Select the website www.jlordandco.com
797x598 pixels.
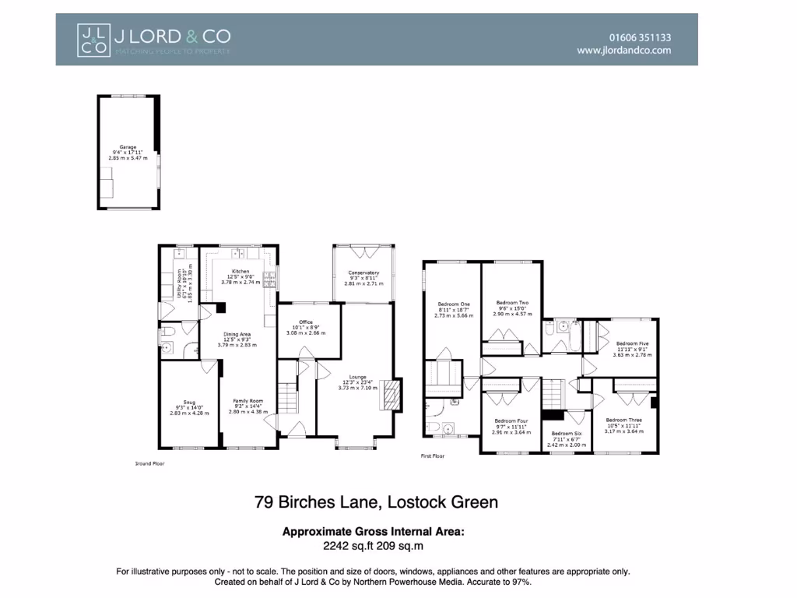(623, 50)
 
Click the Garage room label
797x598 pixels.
(128, 146)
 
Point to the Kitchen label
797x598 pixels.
(240, 272)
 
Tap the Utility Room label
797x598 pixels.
(179, 285)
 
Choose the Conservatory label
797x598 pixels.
(363, 273)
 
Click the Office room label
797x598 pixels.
(305, 322)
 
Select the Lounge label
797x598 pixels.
(358, 377)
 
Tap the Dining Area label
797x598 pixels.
(237, 334)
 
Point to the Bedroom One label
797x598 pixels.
(453, 304)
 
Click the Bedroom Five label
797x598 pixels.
(632, 343)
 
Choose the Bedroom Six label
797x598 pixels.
(567, 433)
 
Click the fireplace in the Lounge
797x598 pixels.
(391, 396)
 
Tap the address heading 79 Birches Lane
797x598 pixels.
(376, 502)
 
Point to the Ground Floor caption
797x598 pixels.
(149, 463)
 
